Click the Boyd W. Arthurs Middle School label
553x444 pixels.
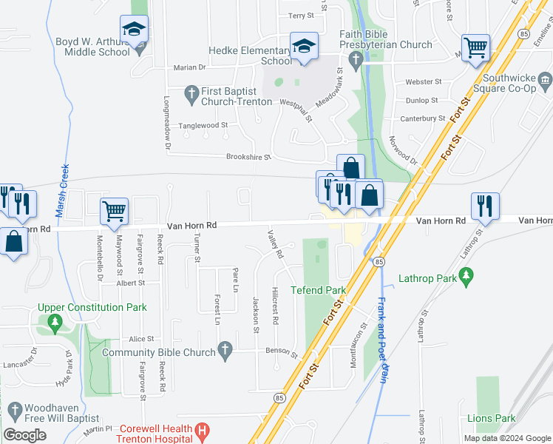92,47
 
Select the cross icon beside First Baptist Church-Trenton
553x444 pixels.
191,92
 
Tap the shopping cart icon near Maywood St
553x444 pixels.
115,211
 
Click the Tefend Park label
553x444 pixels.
318,289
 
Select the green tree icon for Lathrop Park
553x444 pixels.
466,276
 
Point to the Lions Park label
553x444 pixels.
491,418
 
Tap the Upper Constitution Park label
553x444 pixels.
92,307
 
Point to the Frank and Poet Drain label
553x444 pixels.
382,339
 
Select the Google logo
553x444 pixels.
24,435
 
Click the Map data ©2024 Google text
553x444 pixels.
506,438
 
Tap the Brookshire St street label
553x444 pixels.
248,157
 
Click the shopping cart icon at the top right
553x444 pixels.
475,49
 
